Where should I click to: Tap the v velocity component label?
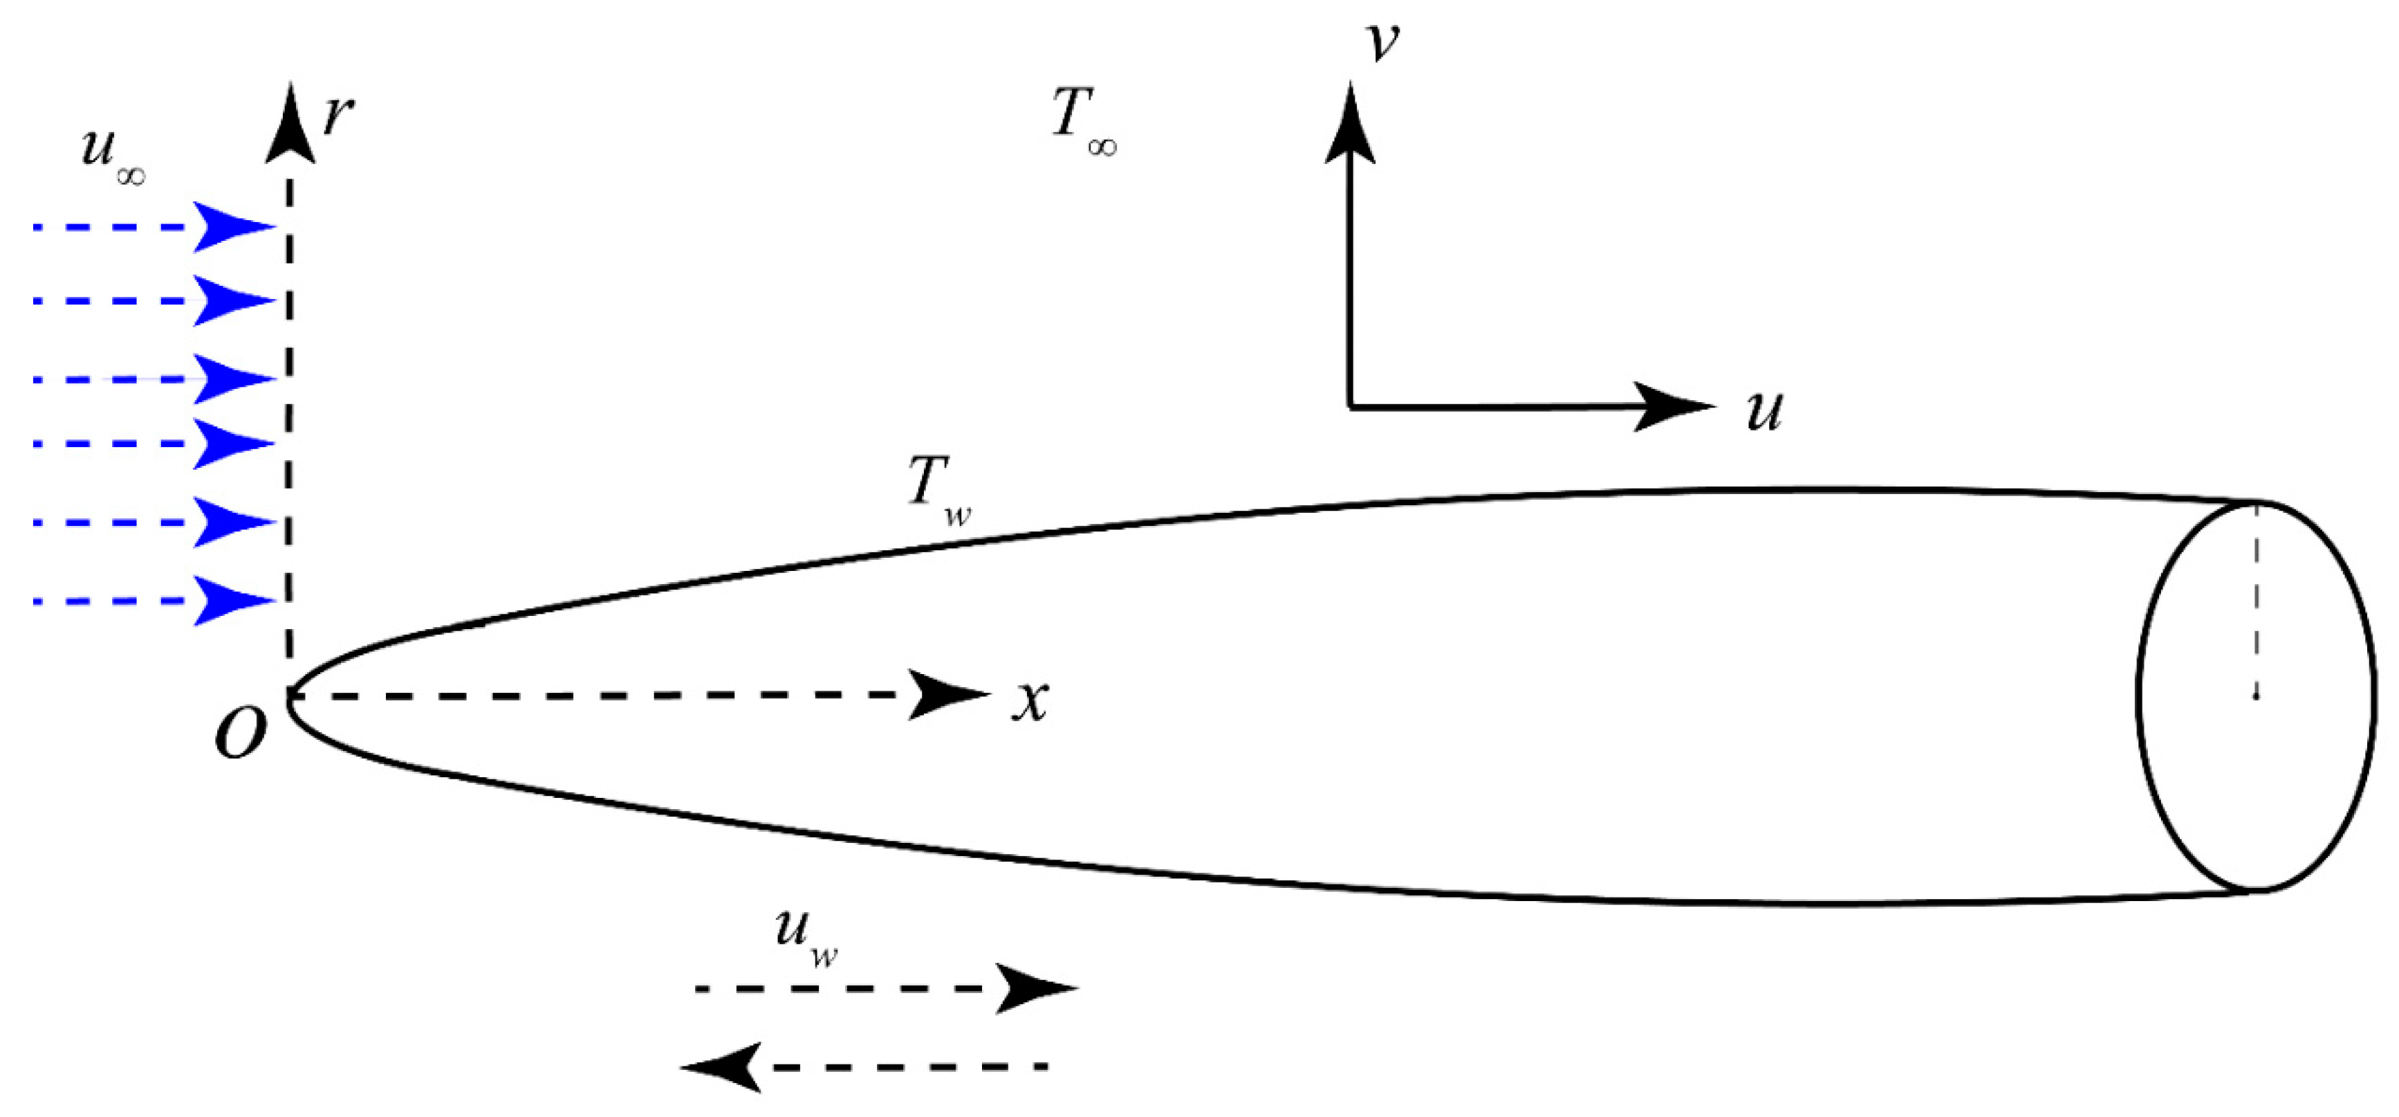point(1382,42)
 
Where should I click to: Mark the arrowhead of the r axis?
point(290,126)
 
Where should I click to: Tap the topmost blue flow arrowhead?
point(233,226)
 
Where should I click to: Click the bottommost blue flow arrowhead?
point(233,601)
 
